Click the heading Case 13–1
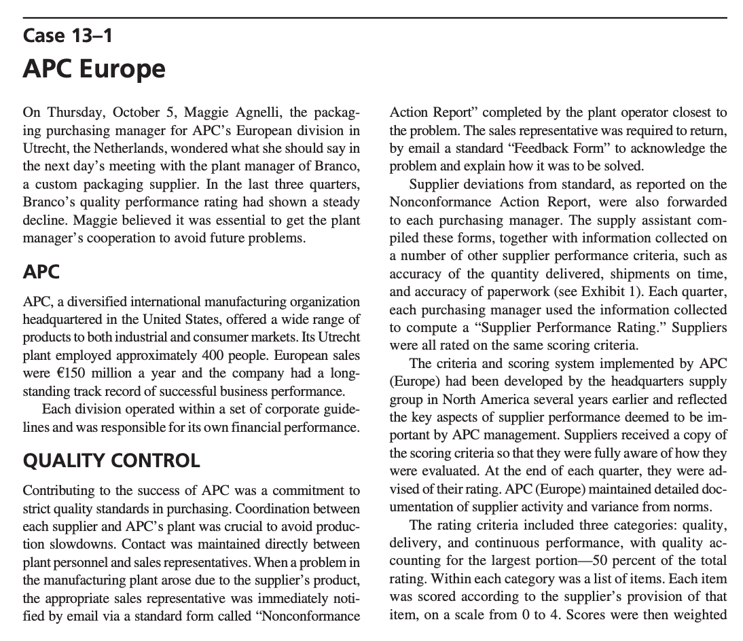pos(67,35)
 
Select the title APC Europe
pos(94,69)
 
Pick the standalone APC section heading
pos(41,272)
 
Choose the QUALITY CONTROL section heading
pos(111,460)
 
